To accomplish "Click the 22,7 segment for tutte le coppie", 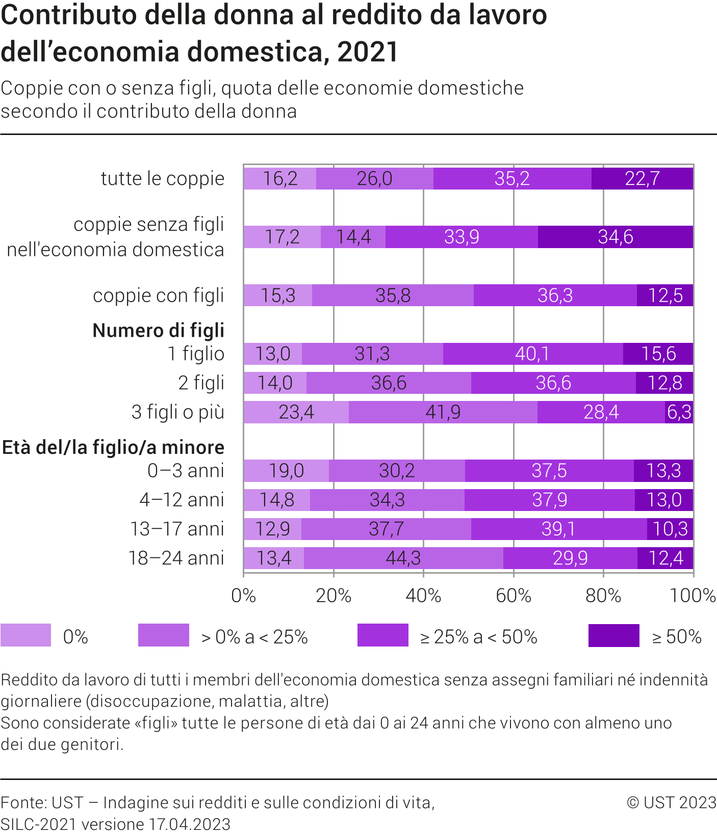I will click(642, 178).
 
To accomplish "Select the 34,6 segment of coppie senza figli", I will click(615, 237).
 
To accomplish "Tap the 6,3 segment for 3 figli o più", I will click(679, 412).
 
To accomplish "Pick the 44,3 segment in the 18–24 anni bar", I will click(403, 558).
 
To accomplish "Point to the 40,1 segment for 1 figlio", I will click(532, 354).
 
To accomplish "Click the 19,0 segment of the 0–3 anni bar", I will click(286, 470).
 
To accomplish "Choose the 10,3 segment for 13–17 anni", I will click(670, 529).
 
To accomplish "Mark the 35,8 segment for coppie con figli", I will click(393, 295).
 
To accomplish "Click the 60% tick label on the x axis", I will click(514, 596).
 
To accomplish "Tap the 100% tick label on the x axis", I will click(693, 596).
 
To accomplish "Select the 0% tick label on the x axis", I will click(244, 596).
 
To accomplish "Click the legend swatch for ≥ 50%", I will click(613, 635).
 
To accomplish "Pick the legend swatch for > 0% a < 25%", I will click(164, 635).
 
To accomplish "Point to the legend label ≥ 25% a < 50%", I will click(478, 637).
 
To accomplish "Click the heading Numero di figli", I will click(159, 331).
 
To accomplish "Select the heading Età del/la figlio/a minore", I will click(113, 447).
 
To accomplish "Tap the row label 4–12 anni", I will click(182, 500).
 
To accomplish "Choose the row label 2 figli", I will click(201, 383).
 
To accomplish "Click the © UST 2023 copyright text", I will click(671, 802).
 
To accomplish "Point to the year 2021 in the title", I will click(368, 52).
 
